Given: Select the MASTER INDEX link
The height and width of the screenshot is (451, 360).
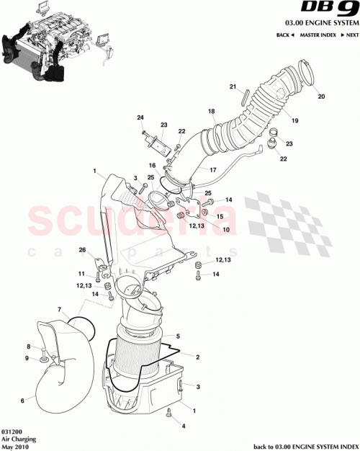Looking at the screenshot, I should pyautogui.click(x=320, y=35).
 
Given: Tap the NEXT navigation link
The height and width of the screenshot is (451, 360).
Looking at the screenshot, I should pyautogui.click(x=350, y=35).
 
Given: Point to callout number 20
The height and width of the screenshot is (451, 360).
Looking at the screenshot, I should pyautogui.click(x=321, y=97).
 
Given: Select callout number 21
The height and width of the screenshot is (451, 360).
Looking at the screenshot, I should pyautogui.click(x=233, y=87).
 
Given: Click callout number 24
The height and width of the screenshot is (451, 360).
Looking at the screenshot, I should pyautogui.click(x=140, y=117).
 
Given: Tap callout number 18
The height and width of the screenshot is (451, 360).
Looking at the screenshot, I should pyautogui.click(x=212, y=112).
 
